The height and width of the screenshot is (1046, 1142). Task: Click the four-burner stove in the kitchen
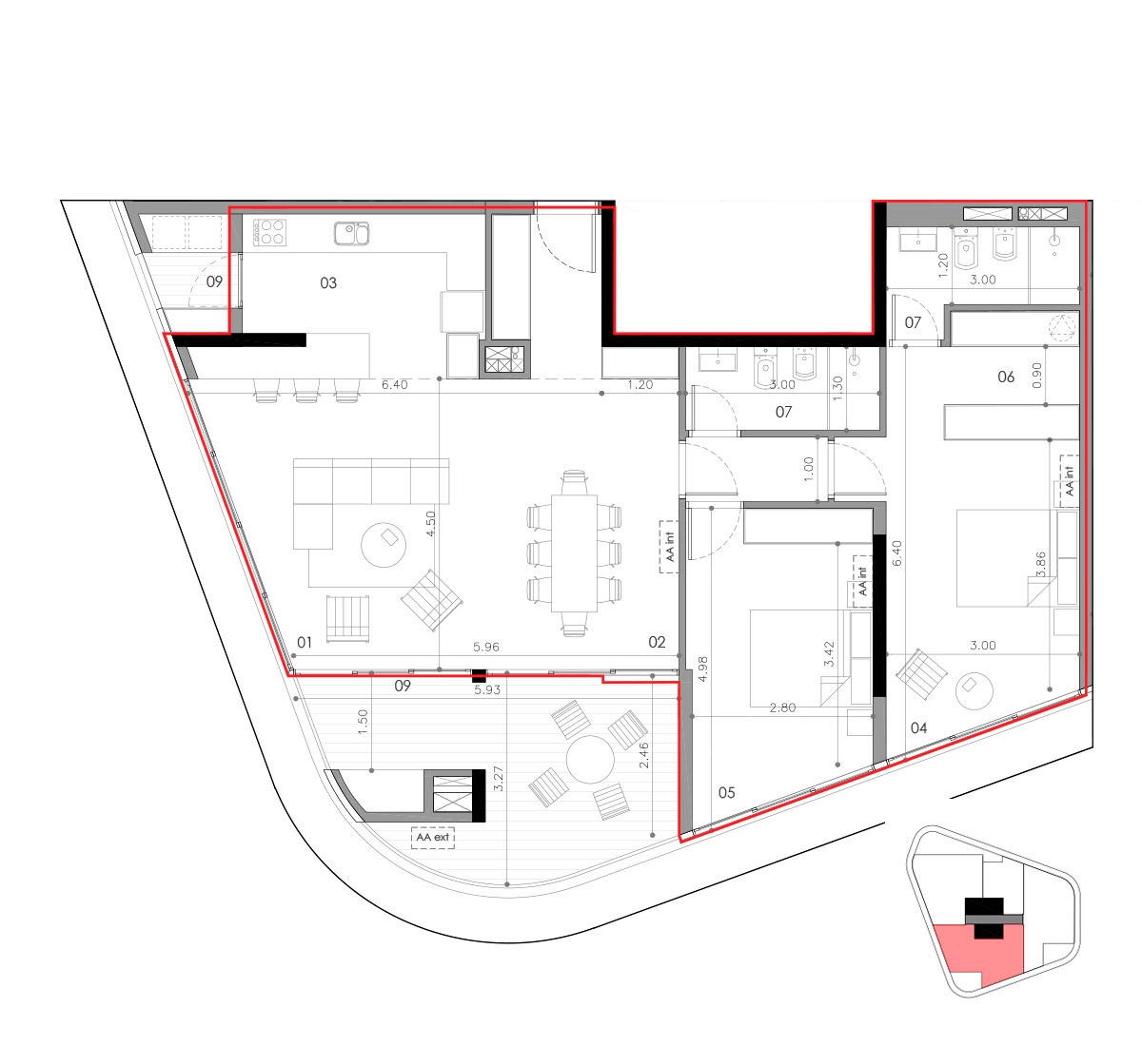(269, 232)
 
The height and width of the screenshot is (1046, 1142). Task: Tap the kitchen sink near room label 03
(351, 233)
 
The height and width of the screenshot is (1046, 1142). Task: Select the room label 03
(328, 282)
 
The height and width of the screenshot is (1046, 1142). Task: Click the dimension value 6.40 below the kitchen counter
(394, 385)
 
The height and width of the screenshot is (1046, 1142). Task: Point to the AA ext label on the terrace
(433, 837)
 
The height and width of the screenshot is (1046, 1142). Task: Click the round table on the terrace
(590, 759)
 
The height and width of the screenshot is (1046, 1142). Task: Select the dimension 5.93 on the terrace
(486, 689)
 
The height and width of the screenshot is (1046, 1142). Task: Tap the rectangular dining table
(574, 553)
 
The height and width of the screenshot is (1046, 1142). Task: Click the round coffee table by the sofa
(384, 545)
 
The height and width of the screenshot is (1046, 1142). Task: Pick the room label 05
(726, 792)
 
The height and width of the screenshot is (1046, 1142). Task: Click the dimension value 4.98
(702, 668)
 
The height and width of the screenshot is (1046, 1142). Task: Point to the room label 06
(1006, 377)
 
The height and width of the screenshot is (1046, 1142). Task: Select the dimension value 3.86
(1041, 565)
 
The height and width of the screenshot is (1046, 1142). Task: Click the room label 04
(919, 727)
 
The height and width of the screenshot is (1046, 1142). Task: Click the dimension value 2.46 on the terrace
(643, 755)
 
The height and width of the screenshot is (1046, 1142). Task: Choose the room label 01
(305, 643)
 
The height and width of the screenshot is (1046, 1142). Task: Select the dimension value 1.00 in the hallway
(808, 470)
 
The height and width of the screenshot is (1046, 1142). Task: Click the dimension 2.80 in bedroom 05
(782, 707)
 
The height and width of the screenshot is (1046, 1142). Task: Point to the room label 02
(657, 642)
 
